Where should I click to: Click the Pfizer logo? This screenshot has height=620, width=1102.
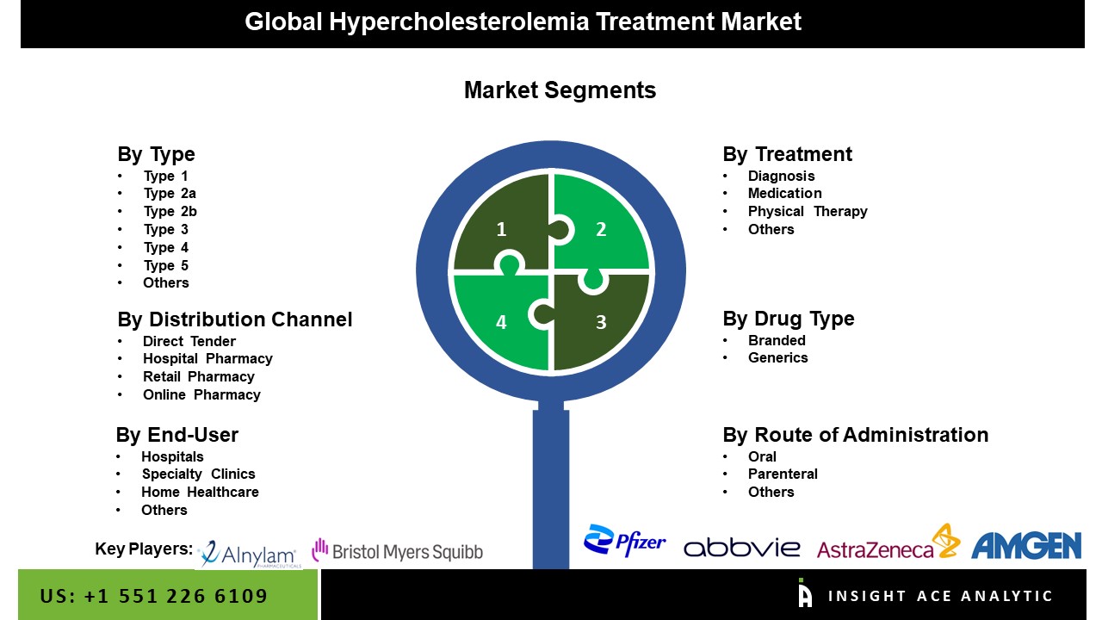tap(624, 541)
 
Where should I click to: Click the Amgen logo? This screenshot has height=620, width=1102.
tap(1026, 546)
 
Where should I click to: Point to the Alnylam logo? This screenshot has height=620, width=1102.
tap(249, 554)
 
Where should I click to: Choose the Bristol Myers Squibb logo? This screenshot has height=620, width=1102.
tap(398, 550)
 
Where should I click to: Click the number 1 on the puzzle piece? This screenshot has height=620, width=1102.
tap(501, 229)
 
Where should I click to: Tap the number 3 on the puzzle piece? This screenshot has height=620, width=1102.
tap(601, 322)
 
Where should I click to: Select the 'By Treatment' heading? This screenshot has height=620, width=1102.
tap(787, 154)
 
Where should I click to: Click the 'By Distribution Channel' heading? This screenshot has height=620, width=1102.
tap(235, 319)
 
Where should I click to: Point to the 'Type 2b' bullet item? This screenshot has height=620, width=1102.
tap(170, 212)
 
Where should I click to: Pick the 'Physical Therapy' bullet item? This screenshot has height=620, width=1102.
tap(808, 212)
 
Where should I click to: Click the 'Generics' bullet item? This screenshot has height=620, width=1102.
tap(777, 357)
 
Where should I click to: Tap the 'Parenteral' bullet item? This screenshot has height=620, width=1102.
tap(783, 474)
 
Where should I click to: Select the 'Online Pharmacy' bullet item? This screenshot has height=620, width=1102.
tap(201, 394)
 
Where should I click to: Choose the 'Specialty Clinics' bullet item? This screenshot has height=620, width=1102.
tap(198, 474)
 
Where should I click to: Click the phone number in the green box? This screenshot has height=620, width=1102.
tap(153, 596)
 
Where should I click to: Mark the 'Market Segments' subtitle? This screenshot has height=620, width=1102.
tap(560, 90)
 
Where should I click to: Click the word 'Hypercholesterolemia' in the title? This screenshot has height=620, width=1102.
tap(459, 22)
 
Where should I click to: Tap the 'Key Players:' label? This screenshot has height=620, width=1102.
tap(144, 549)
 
